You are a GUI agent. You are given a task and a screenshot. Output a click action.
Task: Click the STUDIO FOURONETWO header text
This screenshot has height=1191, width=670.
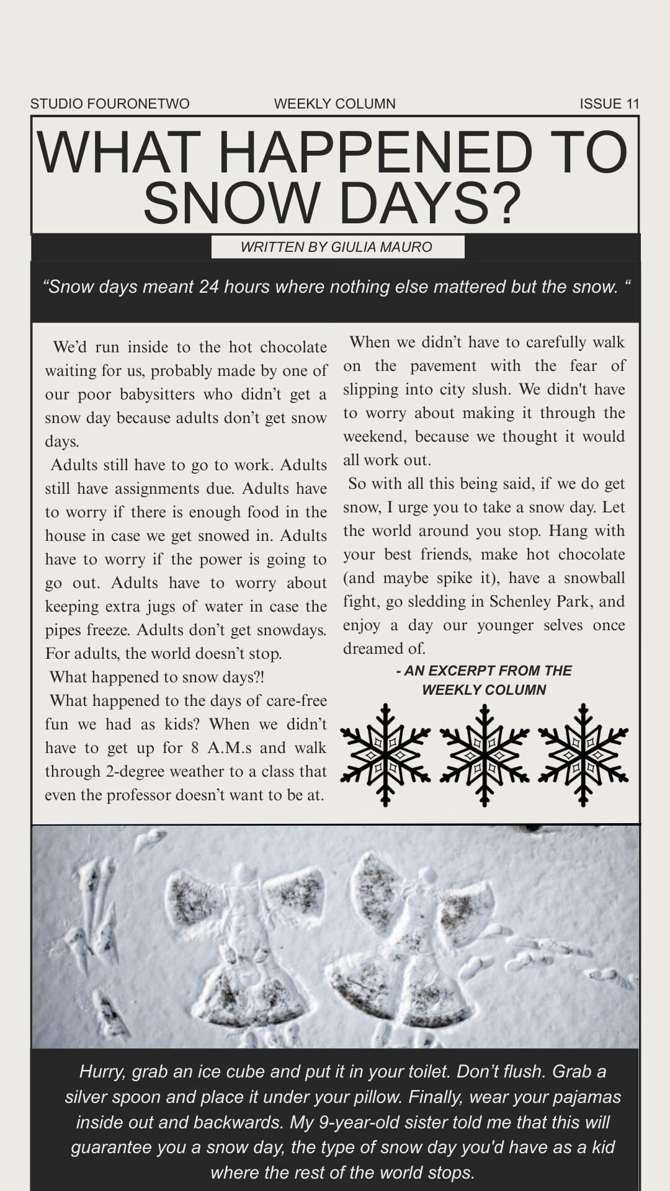110,104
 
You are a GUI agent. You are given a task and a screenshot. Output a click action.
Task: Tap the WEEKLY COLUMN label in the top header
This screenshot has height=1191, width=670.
334,104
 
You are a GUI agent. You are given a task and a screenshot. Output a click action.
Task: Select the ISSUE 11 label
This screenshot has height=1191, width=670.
609,104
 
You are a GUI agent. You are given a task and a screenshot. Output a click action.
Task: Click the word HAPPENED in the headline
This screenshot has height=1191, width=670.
375,152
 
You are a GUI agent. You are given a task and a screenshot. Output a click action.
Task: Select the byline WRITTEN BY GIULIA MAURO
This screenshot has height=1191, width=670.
336,247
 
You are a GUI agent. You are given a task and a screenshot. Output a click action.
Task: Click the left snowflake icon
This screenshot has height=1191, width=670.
385,755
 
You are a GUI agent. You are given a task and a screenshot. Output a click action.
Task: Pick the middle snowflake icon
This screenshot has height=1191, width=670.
484,755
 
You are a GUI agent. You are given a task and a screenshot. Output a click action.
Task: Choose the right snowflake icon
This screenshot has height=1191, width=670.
583,755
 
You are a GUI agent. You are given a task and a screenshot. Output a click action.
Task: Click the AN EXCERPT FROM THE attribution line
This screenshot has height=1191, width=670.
484,671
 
